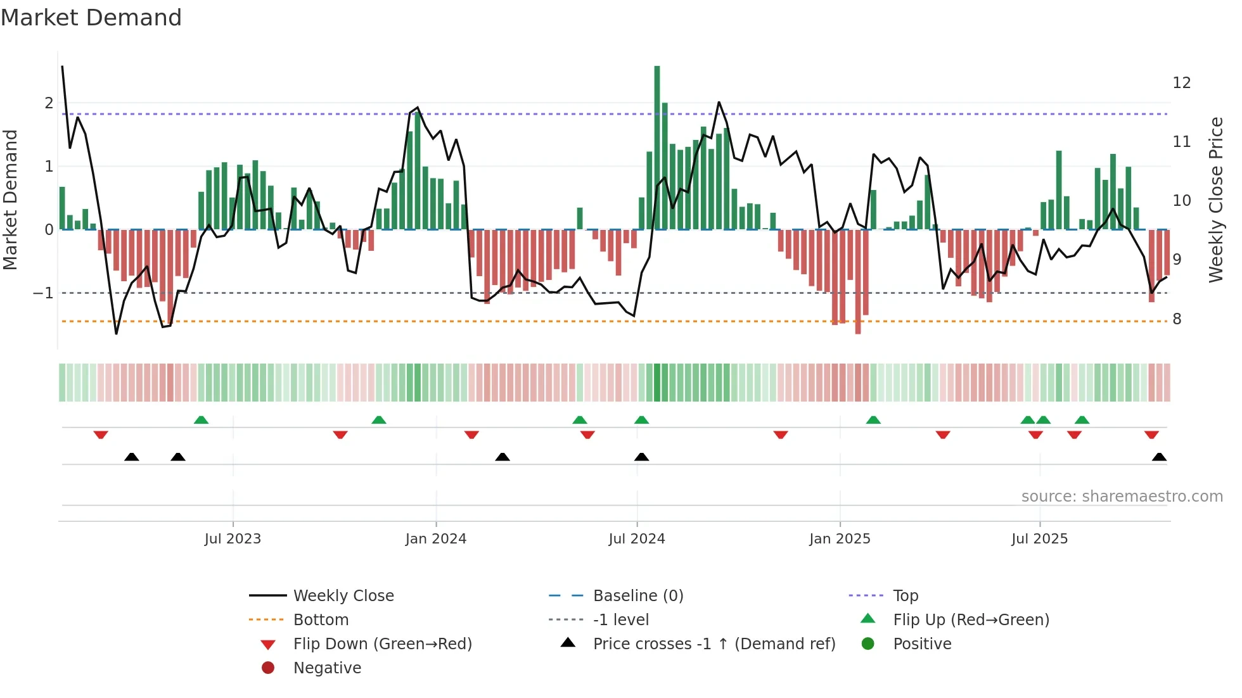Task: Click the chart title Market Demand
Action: pos(91,18)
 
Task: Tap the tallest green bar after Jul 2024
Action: pos(657,147)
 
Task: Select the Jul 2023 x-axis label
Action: pos(233,539)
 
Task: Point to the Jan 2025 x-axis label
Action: pos(840,539)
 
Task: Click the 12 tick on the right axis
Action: pos(1181,83)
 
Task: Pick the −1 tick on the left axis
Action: pos(43,293)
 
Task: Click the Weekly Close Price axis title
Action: pos(1215,200)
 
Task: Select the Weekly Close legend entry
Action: pos(343,596)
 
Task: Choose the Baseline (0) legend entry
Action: pos(637,596)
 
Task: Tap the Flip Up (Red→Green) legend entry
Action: pos(971,620)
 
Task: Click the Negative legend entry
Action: pos(327,668)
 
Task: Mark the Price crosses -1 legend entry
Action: pos(714,644)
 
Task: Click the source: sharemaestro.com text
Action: pos(1122,497)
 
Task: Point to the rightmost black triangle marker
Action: pos(1159,457)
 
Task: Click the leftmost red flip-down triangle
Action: pos(101,435)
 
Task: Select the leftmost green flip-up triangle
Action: pos(201,420)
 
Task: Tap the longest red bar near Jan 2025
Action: pos(858,281)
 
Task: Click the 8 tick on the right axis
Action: pos(1177,319)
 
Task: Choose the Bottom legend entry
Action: pos(321,620)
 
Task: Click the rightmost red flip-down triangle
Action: pos(1151,435)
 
